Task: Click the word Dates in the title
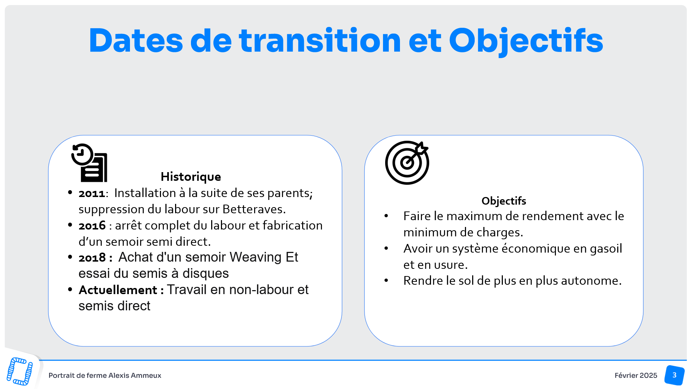click(136, 40)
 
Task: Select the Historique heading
click(191, 177)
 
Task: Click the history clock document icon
click(89, 163)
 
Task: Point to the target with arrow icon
click(407, 163)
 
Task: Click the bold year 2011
click(92, 194)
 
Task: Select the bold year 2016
click(92, 226)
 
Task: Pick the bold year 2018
click(92, 258)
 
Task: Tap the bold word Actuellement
click(118, 290)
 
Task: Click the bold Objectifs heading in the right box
click(504, 201)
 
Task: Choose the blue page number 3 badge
click(674, 375)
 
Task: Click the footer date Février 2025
click(636, 376)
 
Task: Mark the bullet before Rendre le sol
click(386, 280)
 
